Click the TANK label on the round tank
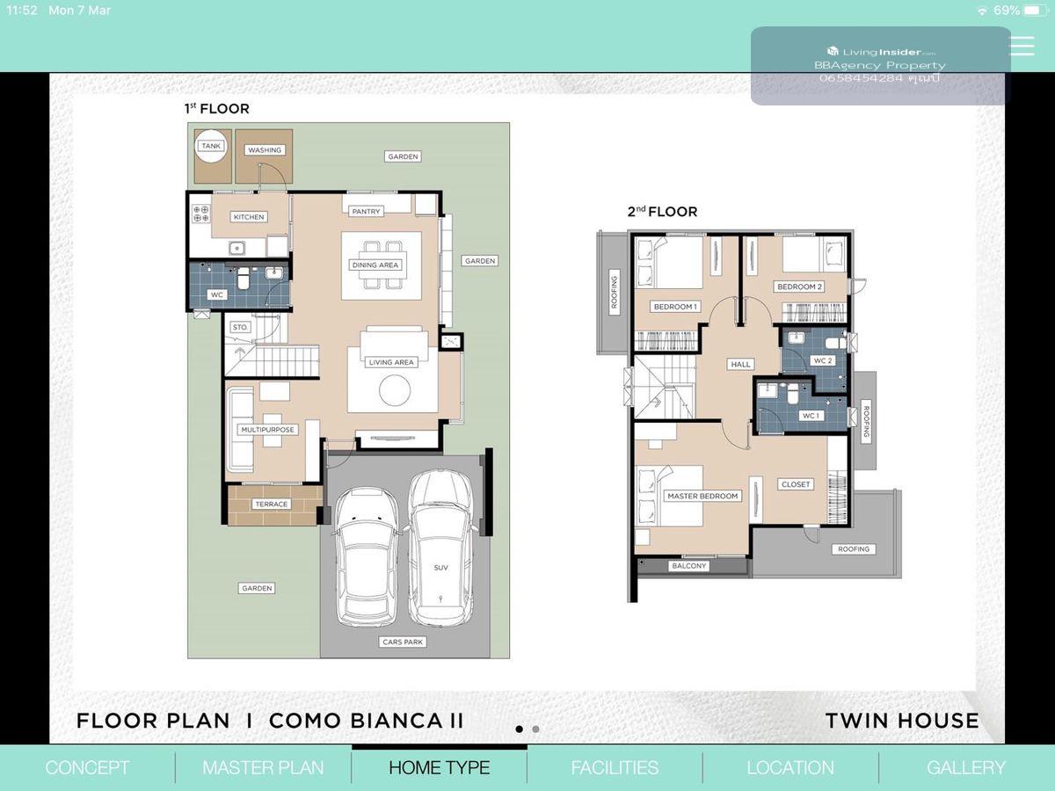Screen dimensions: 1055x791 coord(211,146)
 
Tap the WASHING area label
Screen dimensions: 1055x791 coord(265,150)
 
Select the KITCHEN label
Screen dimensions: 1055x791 coord(249,217)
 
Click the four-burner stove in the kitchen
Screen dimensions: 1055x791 coord(201,214)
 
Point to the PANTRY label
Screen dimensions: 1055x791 coord(366,211)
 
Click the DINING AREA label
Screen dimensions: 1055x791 coord(375,265)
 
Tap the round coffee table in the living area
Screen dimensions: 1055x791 coord(395,390)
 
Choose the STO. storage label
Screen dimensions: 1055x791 coord(240,328)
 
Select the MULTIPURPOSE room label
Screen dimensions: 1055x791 coord(267,430)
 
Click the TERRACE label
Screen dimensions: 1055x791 coord(271,504)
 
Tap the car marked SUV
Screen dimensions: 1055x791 coord(440,548)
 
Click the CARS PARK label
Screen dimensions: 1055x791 coord(403,642)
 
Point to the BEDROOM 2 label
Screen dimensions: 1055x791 coord(799,287)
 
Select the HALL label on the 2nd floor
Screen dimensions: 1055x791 coord(740,365)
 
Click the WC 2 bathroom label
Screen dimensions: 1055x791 coord(822,360)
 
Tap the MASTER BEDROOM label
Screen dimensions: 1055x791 coord(702,496)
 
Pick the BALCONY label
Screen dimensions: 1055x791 coord(688,566)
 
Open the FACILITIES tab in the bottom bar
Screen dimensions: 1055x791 coord(615,768)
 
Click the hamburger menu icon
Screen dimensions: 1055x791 coord(1022,46)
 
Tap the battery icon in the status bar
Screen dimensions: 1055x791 coord(1035,10)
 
